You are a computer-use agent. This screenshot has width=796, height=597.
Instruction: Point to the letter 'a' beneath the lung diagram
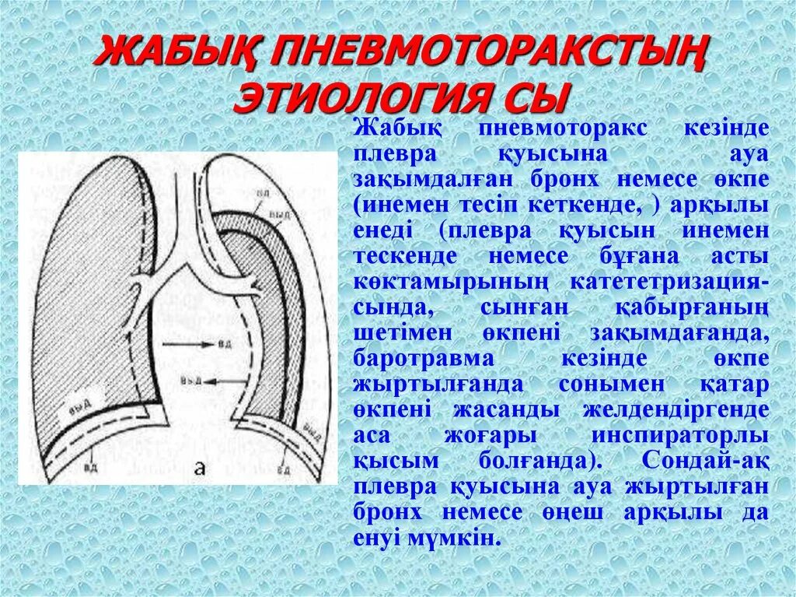tap(200, 467)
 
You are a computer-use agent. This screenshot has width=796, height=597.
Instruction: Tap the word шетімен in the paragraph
tap(393, 332)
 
